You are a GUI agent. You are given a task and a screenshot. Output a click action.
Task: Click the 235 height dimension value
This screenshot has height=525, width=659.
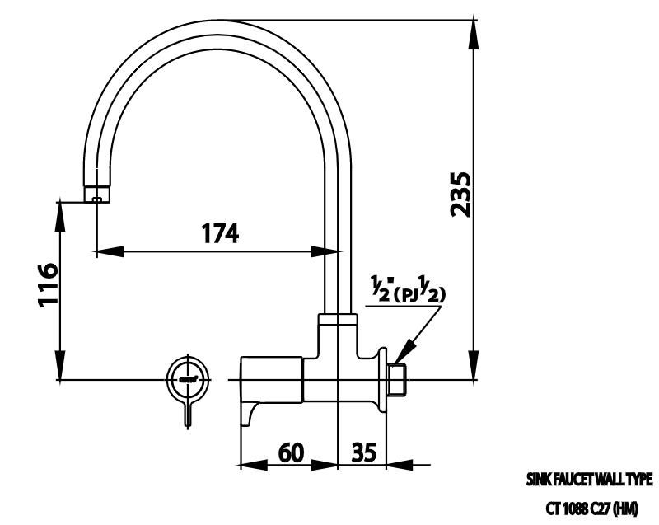click(x=461, y=195)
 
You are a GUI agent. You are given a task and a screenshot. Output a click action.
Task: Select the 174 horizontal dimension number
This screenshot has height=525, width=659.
click(x=220, y=234)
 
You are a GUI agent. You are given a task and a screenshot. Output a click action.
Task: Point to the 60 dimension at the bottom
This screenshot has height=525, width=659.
click(x=289, y=452)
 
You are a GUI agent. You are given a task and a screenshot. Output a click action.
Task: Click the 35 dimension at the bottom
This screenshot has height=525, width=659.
click(x=363, y=452)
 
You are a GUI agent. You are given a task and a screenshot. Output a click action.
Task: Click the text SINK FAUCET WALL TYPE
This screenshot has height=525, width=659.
click(x=589, y=479)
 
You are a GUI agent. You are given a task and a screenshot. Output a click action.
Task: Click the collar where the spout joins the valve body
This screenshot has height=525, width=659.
click(x=339, y=319)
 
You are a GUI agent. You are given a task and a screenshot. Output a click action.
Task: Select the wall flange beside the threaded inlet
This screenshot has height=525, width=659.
click(x=381, y=379)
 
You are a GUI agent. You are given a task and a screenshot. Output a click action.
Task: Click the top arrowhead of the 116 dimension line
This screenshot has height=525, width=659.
click(x=62, y=211)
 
